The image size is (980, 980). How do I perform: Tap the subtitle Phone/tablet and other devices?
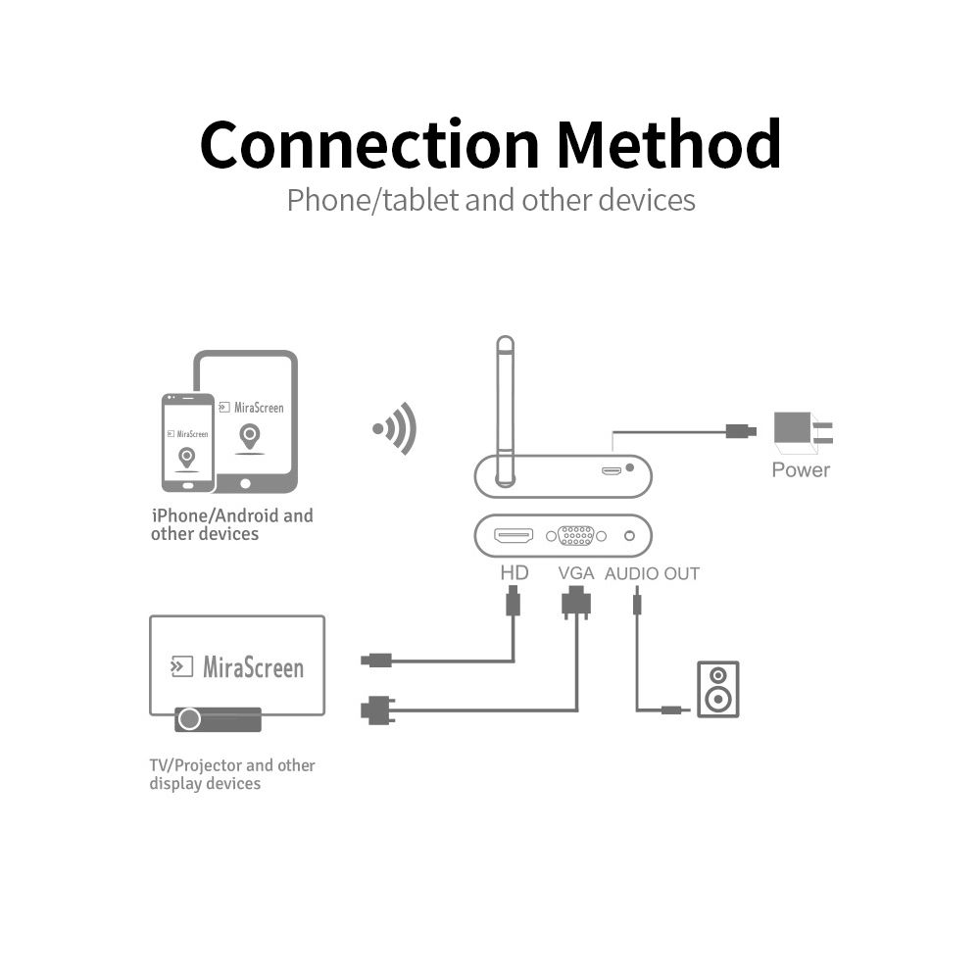(491, 200)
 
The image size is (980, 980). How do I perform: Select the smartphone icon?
(187, 442)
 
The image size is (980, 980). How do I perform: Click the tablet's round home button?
(245, 482)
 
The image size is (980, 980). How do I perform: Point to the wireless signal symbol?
(396, 428)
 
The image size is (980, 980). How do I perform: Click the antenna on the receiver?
(505, 412)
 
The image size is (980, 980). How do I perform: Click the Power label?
(800, 469)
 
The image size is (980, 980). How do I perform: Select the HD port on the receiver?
(514, 536)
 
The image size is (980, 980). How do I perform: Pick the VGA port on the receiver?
(576, 536)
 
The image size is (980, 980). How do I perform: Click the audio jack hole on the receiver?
(628, 536)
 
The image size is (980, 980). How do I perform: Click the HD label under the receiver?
(514, 572)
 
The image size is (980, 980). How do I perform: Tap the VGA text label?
(575, 573)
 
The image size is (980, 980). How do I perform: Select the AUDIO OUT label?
(652, 573)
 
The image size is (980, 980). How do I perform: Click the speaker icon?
(717, 689)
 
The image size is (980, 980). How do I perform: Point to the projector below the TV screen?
(218, 719)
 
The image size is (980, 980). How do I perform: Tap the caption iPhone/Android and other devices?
(231, 524)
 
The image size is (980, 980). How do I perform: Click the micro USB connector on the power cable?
(740, 430)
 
